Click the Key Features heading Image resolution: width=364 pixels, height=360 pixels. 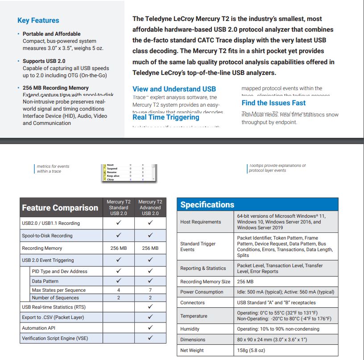38,20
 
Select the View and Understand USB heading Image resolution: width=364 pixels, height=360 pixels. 174,89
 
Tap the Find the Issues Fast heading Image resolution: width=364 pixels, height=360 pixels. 273,103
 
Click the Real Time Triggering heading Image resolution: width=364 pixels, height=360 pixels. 165,117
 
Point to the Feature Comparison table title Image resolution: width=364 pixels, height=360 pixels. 60,208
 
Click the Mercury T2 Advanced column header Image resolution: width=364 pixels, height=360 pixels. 150,207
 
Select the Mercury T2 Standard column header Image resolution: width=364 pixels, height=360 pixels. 118,207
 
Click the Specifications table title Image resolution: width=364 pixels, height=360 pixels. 207,205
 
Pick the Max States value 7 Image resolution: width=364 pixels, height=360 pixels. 150,290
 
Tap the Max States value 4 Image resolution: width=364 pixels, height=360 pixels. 118,290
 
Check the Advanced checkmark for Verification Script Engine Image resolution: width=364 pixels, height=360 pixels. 150,338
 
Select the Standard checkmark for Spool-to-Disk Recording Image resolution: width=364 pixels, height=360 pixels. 118,235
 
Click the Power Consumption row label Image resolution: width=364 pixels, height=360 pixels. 202,292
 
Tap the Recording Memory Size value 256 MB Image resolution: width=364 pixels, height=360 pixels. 245,281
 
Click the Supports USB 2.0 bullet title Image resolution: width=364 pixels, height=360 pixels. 44,61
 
